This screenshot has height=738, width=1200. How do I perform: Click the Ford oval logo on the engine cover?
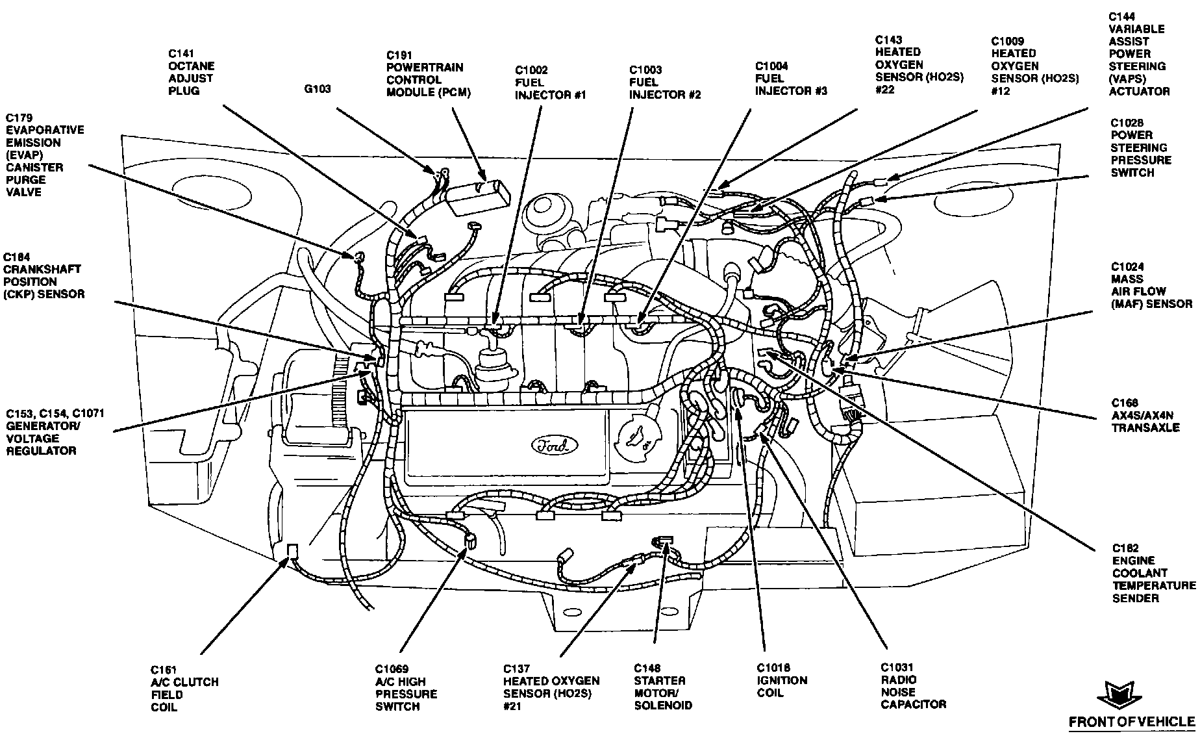(x=554, y=446)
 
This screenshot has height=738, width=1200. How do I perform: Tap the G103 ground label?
(x=317, y=88)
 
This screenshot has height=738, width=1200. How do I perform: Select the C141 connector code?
(x=181, y=54)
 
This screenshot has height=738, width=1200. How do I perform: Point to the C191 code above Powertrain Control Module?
(x=399, y=56)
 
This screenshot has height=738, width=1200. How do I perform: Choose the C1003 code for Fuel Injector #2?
(x=645, y=70)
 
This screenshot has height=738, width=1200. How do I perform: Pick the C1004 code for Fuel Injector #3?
(x=771, y=66)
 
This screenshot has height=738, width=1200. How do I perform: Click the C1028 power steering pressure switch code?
(x=1127, y=123)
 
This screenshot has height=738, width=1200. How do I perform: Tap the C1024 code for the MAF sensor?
(x=1127, y=267)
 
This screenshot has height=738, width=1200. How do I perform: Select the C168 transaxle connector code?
(x=1125, y=403)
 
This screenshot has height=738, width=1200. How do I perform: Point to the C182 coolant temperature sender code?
(x=1125, y=548)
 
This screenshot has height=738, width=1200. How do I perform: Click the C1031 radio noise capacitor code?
(x=897, y=667)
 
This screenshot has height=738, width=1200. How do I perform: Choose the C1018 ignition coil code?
(x=773, y=668)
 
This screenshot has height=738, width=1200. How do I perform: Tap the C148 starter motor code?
(x=647, y=668)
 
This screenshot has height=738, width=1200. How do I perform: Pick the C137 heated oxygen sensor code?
(x=516, y=668)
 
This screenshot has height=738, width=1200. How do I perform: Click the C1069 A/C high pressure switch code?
(x=391, y=669)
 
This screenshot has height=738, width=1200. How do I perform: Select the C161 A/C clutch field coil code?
(x=164, y=670)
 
